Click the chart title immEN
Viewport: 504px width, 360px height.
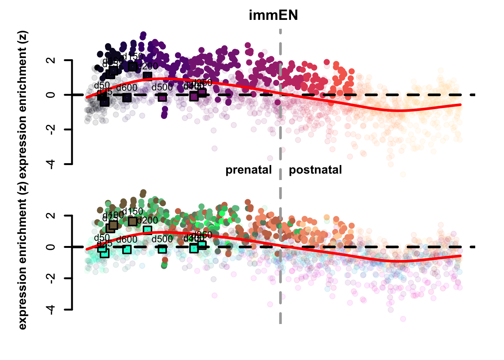(x=273, y=15)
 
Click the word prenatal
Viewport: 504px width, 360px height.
(x=248, y=170)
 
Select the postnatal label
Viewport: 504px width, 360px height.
(x=315, y=170)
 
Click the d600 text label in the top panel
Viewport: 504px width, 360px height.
(x=127, y=88)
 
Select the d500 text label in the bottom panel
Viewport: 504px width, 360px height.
(x=162, y=240)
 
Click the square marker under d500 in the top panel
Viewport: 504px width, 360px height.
(x=162, y=97)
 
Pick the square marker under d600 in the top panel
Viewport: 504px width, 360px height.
(x=127, y=97)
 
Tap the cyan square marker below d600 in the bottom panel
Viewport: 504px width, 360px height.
(x=127, y=249)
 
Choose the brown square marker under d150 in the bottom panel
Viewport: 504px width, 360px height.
(x=133, y=221)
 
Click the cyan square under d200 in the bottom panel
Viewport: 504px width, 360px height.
(x=147, y=230)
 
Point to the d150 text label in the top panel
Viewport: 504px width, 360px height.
(x=133, y=57)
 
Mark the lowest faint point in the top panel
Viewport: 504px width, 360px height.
(x=403, y=174)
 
